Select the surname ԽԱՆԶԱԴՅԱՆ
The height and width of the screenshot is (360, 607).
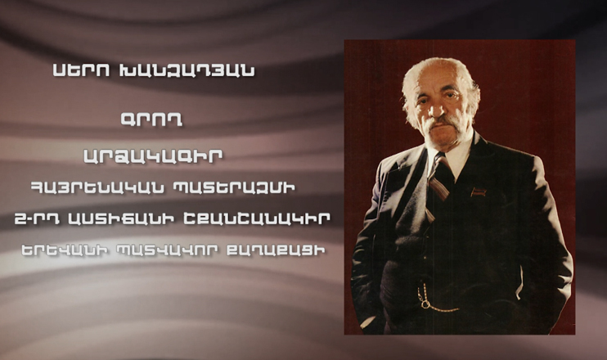pyautogui.click(x=180, y=71)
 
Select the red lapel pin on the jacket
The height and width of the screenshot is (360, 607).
pyautogui.click(x=479, y=192)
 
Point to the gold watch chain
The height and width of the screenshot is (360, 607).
pyautogui.click(x=437, y=305)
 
